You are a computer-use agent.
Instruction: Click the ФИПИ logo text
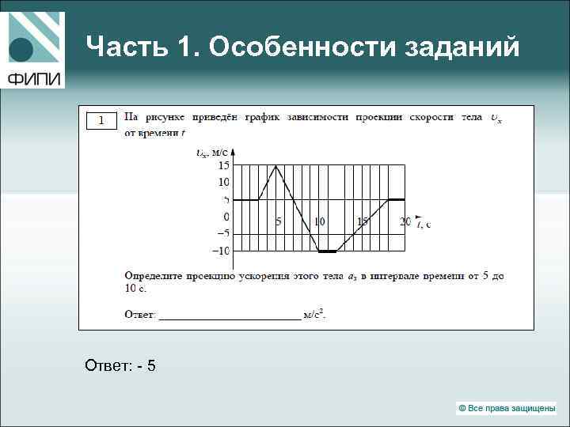point(35,78)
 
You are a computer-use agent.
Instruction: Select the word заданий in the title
point(462,48)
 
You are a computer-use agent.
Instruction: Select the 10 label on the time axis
point(320,222)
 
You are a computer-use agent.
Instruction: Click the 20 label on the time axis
point(405,222)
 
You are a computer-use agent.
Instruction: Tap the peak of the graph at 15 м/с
point(276,165)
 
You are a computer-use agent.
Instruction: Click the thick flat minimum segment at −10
point(327,251)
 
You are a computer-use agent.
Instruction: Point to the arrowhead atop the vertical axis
point(234,152)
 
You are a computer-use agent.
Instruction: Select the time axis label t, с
point(423,223)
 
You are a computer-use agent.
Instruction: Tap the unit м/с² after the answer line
point(315,315)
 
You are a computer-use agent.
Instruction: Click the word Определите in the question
point(155,277)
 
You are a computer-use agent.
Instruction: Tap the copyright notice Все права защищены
point(507,408)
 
